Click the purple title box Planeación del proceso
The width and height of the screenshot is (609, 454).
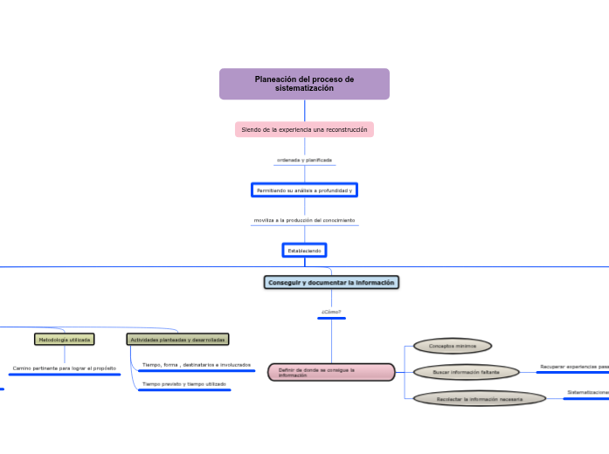click(304, 84)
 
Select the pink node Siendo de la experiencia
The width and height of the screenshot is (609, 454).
click(304, 129)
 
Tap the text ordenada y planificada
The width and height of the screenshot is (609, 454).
click(304, 160)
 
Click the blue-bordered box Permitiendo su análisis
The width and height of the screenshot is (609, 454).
click(304, 189)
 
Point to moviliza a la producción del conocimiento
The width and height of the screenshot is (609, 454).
click(304, 220)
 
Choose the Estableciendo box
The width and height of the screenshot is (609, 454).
click(304, 251)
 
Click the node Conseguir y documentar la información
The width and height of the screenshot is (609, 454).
click(332, 282)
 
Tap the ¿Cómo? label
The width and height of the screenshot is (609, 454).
click(331, 311)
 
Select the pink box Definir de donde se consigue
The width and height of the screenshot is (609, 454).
click(331, 372)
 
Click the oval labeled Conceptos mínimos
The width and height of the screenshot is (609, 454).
click(453, 346)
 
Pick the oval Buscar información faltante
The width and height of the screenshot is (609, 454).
click(466, 372)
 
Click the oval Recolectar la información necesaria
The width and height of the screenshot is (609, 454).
click(480, 399)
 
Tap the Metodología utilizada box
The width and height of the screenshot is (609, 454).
click(64, 339)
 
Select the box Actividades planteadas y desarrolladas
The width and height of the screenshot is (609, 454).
click(177, 339)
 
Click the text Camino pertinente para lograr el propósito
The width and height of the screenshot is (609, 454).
click(64, 368)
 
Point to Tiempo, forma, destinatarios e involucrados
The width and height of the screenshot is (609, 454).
click(196, 364)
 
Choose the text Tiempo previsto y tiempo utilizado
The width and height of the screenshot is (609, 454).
click(183, 384)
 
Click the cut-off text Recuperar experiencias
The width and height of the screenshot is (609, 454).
click(574, 367)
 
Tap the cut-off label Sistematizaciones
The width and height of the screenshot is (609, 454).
click(587, 393)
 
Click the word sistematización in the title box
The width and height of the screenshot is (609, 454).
click(304, 89)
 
